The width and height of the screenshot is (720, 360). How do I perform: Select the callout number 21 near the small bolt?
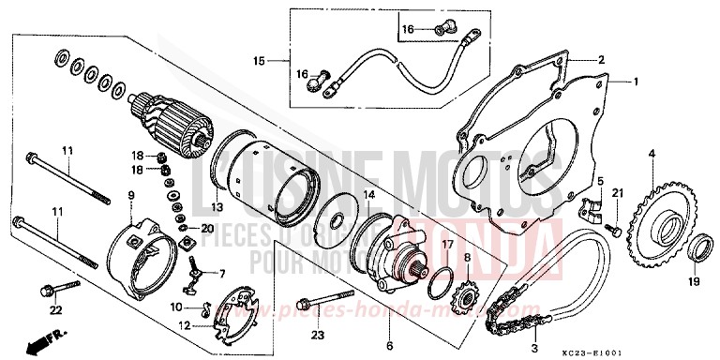[617, 193]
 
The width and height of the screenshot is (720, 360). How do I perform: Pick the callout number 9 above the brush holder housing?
[130, 196]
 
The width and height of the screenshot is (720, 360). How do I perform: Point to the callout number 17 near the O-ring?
[446, 244]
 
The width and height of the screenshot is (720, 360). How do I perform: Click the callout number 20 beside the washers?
[208, 228]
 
